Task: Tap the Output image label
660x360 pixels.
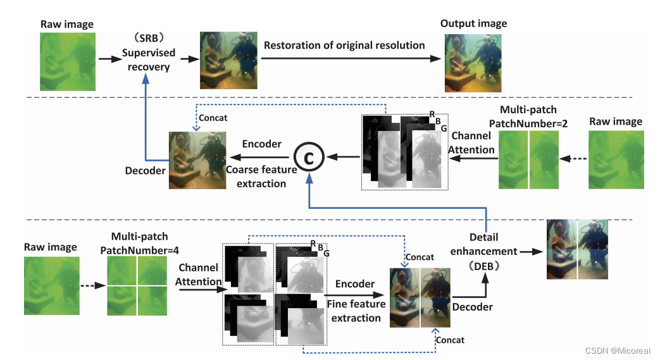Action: pyautogui.click(x=474, y=24)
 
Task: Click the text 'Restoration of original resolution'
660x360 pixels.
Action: pyautogui.click(x=344, y=46)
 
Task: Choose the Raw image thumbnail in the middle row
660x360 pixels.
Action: pyautogui.click(x=615, y=160)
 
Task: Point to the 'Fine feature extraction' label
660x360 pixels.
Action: pyautogui.click(x=356, y=311)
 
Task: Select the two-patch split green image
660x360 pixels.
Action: pyautogui.click(x=530, y=160)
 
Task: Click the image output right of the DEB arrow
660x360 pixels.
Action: pyautogui.click(x=577, y=249)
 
